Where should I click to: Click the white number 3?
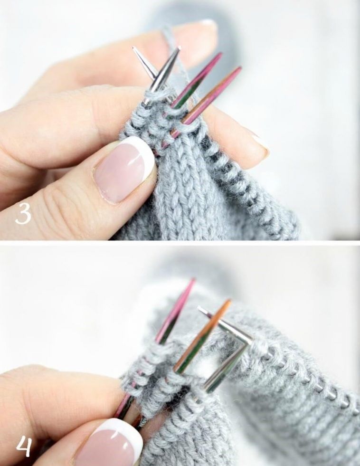[x=23, y=214]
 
